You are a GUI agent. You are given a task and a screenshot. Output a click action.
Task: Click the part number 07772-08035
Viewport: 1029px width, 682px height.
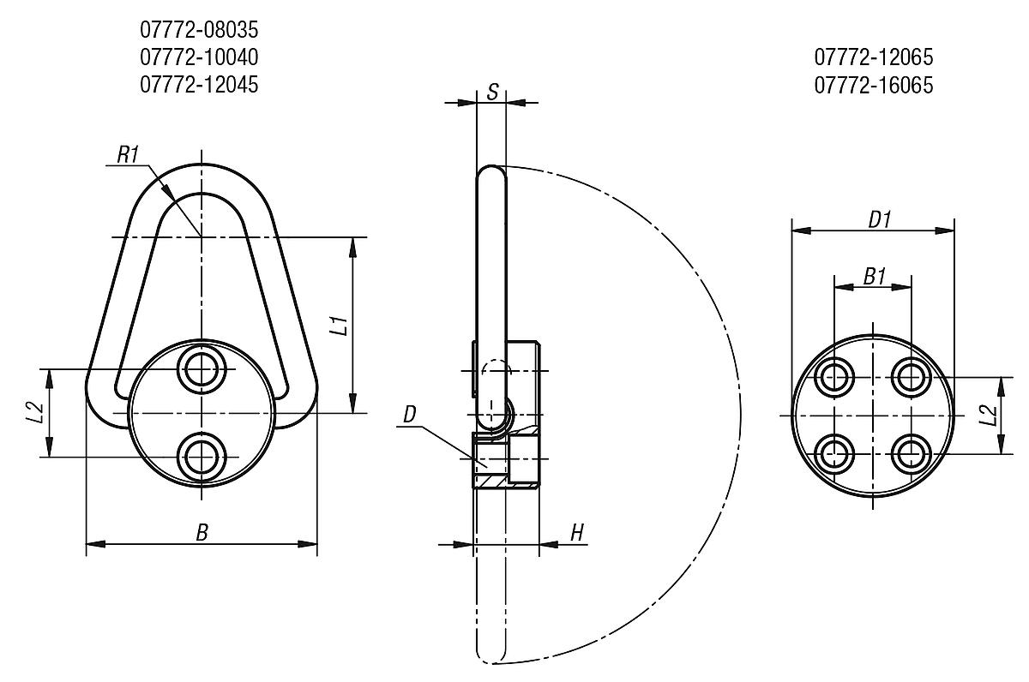pyautogui.click(x=199, y=31)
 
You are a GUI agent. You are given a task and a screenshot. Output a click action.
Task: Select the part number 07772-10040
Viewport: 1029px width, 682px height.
pyautogui.click(x=199, y=57)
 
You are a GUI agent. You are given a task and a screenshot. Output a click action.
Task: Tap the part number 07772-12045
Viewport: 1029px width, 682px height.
pyautogui.click(x=199, y=85)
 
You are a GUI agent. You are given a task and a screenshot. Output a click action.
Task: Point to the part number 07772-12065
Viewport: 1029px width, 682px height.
pyautogui.click(x=873, y=57)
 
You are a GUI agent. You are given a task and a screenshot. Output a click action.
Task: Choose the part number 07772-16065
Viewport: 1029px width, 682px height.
pyautogui.click(x=873, y=85)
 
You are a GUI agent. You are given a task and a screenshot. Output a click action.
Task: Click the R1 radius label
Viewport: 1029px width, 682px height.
pyautogui.click(x=128, y=154)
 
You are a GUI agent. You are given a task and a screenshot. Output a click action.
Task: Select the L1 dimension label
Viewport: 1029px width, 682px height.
pyautogui.click(x=340, y=326)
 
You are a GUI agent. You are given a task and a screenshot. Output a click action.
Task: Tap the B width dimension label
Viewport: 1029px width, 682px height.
pyautogui.click(x=202, y=533)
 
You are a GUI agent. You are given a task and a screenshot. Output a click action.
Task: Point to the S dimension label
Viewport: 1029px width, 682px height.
pyautogui.click(x=492, y=92)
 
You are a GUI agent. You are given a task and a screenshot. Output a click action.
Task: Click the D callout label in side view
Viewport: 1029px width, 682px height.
pyautogui.click(x=410, y=416)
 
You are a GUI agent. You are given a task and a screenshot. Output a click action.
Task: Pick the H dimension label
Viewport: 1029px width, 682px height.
pyautogui.click(x=577, y=533)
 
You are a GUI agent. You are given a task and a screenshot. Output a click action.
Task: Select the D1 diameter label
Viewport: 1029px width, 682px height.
pyautogui.click(x=880, y=219)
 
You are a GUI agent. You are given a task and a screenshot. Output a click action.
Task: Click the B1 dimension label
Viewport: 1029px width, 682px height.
pyautogui.click(x=874, y=277)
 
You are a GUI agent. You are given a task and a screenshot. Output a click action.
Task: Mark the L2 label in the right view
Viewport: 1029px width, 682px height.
pyautogui.click(x=988, y=416)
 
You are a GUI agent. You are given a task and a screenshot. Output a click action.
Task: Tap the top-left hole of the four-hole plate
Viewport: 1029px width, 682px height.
pyautogui.click(x=834, y=376)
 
